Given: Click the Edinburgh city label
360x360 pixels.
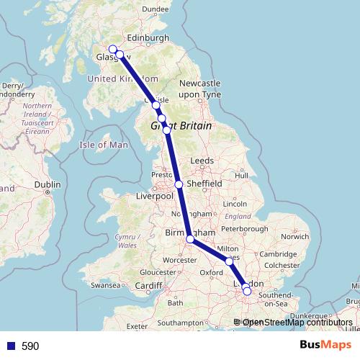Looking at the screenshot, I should pos(148,38).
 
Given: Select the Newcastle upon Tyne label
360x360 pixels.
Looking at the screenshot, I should pos(197,89).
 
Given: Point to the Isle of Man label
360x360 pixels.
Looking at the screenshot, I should pos(104,145).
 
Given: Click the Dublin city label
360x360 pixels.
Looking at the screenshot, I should pos(48,184).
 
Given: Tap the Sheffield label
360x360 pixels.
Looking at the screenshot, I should pos(204,184).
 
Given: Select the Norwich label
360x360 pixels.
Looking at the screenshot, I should pos(295,236).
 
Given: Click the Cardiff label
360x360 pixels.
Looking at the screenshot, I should pos(149,285).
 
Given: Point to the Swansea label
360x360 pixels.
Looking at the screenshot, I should pos(104,286).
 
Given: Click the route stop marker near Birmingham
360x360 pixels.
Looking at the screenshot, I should pos(190,239).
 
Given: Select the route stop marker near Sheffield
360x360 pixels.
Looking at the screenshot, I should pos(179,184).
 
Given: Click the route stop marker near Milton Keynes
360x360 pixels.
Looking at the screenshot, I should pos(230,261).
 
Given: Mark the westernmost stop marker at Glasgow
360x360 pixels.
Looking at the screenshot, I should pos(112,49).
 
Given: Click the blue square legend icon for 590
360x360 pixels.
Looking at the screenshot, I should pos(10,346).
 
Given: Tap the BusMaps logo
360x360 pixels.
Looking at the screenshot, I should pos(325,345).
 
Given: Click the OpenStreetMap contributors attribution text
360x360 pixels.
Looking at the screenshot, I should pos(297,323).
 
